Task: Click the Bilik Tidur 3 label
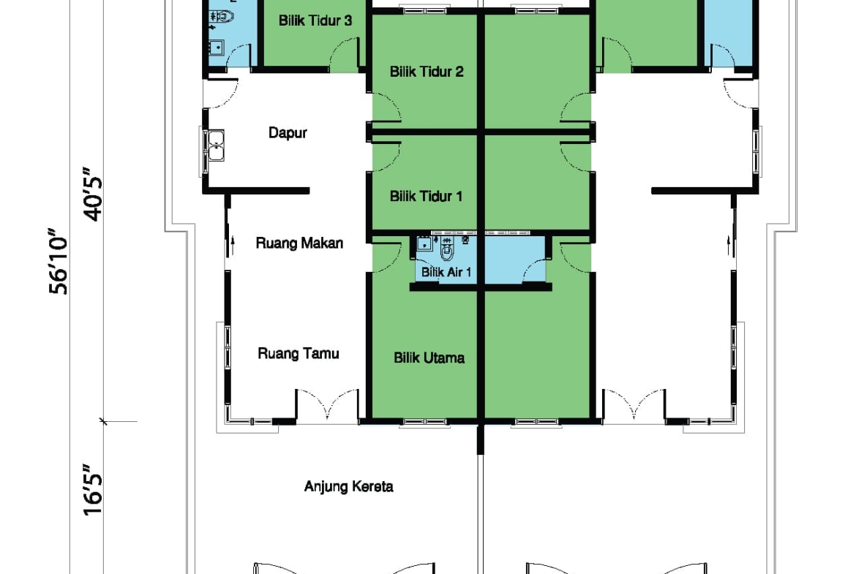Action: (x=315, y=20)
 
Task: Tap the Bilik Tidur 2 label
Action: (x=427, y=72)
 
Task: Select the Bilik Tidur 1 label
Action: (x=426, y=197)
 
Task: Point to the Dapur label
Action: (x=288, y=133)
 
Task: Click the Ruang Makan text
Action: (x=299, y=243)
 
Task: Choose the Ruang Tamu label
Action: (x=298, y=354)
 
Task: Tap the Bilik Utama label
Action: (x=429, y=358)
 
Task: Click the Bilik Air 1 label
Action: (x=446, y=272)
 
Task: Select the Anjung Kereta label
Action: (x=348, y=486)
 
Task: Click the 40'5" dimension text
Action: (x=93, y=195)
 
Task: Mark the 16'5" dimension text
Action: (x=93, y=490)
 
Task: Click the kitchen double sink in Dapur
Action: (x=216, y=146)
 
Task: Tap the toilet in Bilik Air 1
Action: (x=447, y=249)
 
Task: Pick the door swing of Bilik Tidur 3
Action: (x=345, y=55)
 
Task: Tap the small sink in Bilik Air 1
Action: (x=424, y=244)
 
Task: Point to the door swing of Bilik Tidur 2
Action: (x=386, y=107)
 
